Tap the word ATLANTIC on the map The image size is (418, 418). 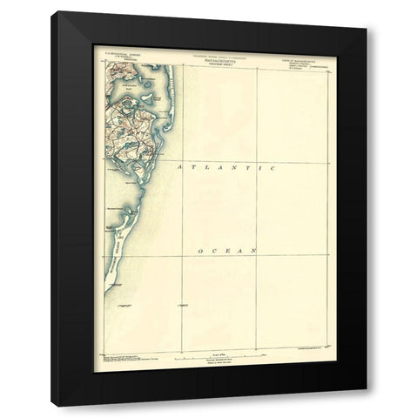226,165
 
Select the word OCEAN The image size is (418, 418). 227,251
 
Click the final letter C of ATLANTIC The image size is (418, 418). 272,165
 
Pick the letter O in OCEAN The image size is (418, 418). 201,251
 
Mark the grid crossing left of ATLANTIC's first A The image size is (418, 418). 181,161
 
